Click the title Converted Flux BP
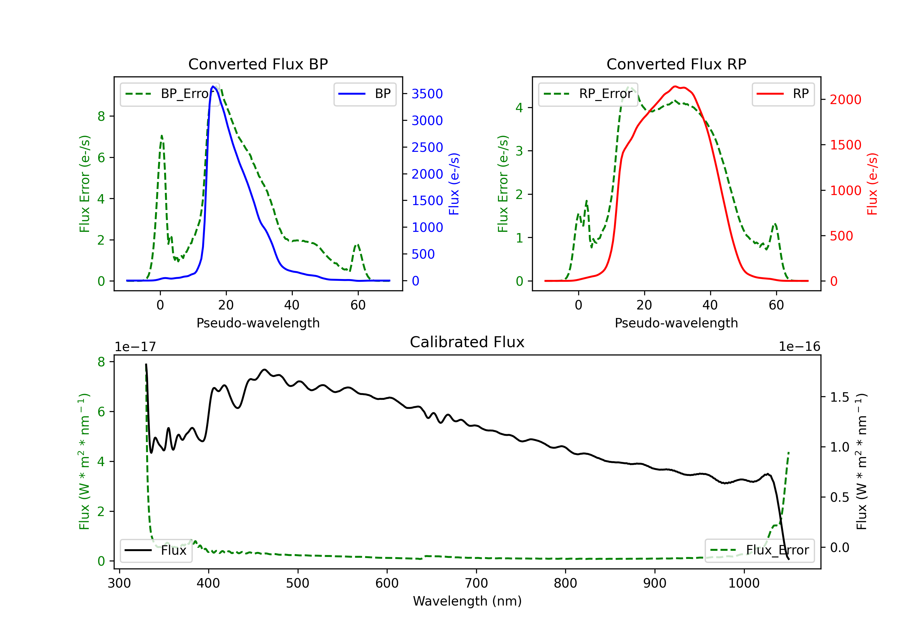coord(258,64)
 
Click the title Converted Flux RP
coord(676,64)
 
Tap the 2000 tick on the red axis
coord(845,100)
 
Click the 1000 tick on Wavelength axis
coord(744,583)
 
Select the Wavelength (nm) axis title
coord(467,601)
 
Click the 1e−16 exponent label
coord(799,347)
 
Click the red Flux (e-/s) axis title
coord(872,184)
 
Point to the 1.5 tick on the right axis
coord(839,397)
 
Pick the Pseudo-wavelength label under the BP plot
coord(258,323)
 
